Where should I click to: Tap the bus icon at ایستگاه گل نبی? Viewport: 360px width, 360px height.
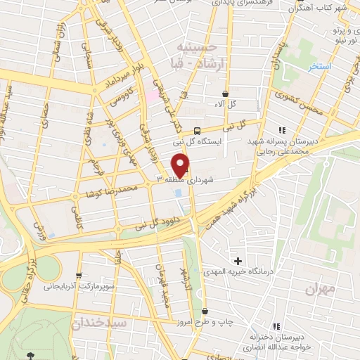198,130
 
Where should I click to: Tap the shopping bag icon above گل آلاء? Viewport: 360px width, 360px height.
225,94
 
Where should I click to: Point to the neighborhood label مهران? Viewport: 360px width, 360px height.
320,288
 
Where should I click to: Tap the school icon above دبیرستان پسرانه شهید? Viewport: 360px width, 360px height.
282,129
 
